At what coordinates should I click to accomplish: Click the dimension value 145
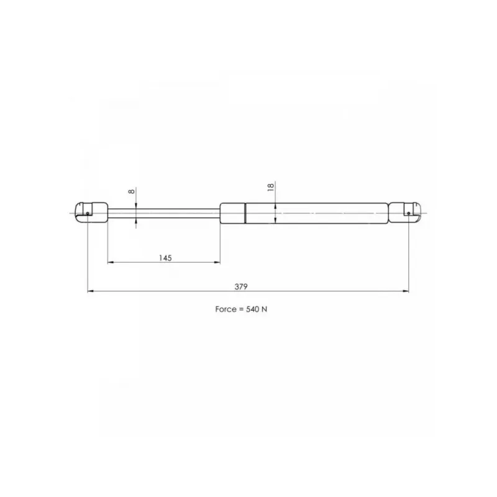(165, 258)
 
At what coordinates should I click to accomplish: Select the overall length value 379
(241, 286)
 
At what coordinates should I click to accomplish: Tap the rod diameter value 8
(131, 191)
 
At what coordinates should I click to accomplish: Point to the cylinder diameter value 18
(270, 187)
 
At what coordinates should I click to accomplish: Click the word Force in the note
(226, 309)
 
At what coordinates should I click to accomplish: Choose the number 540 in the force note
(253, 309)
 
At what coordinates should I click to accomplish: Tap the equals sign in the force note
(241, 309)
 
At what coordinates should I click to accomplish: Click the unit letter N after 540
(265, 309)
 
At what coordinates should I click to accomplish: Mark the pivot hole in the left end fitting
(88, 213)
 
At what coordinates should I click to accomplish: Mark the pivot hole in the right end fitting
(409, 213)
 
